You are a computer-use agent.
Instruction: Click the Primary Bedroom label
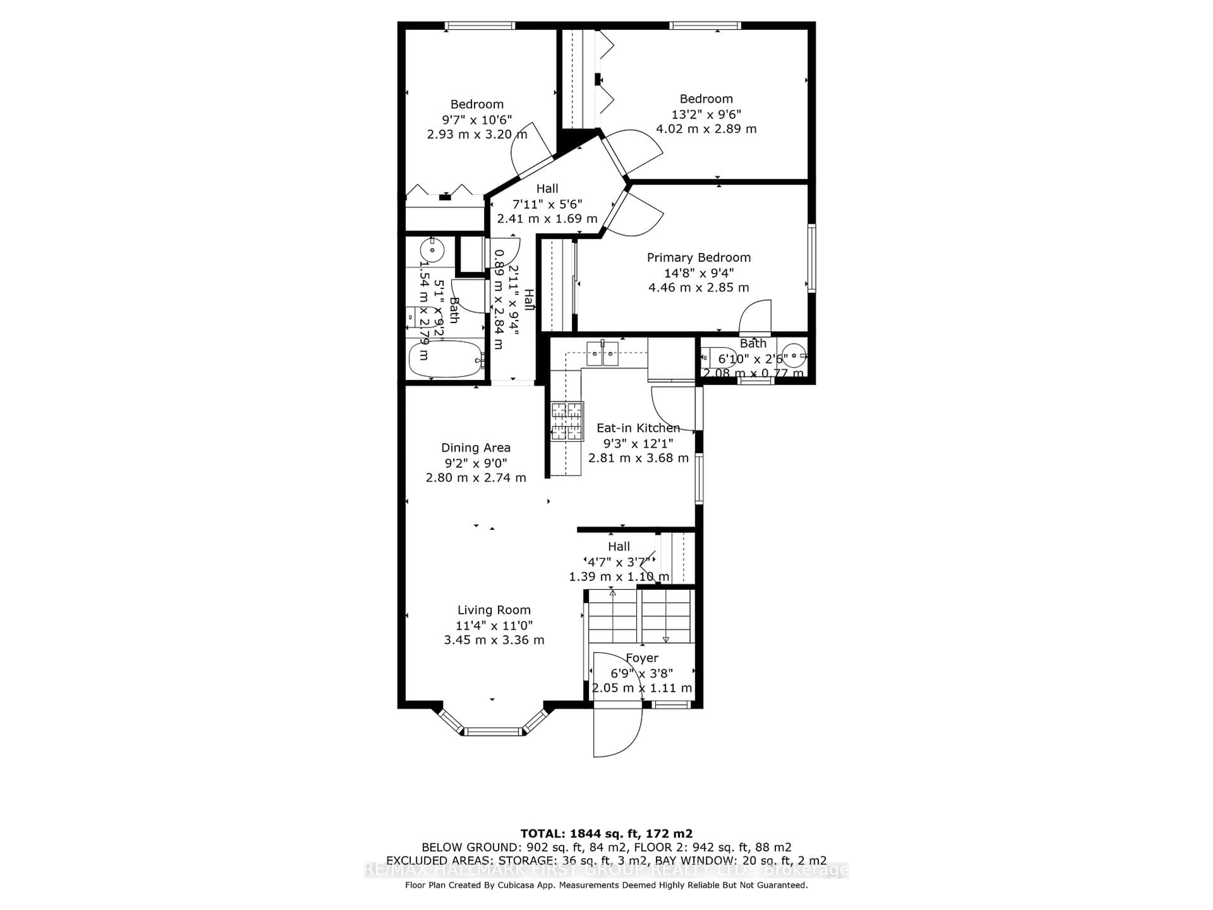[699, 258]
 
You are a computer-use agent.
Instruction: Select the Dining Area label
[475, 448]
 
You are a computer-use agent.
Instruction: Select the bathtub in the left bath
[445, 359]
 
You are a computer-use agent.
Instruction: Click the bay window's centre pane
[493, 731]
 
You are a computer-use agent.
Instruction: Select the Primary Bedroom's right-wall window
[812, 258]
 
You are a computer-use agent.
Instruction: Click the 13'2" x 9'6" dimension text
[706, 114]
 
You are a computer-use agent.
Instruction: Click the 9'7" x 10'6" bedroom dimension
[477, 119]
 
